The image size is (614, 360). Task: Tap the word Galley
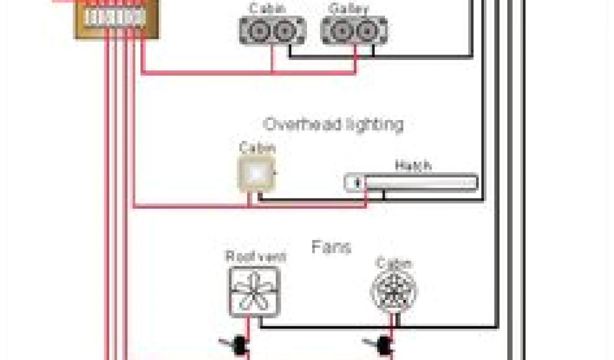(x=349, y=8)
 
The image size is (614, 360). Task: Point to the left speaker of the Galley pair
(x=340, y=31)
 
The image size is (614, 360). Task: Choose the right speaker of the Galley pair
(x=368, y=31)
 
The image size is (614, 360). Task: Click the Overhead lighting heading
(x=333, y=124)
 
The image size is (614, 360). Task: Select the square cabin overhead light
(x=256, y=174)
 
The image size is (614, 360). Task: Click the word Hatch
(x=413, y=166)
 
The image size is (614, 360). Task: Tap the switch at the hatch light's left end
(x=356, y=182)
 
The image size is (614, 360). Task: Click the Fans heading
(x=331, y=247)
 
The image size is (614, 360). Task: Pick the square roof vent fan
(x=254, y=291)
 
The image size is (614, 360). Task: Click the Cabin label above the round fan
(x=393, y=263)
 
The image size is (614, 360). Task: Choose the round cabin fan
(x=394, y=291)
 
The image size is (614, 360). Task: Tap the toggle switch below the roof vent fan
(x=239, y=344)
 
